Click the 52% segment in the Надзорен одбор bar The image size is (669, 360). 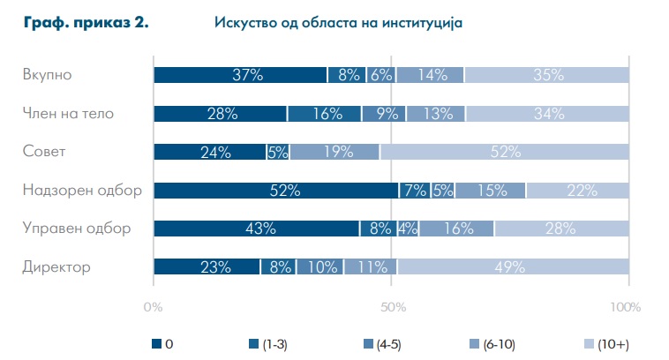(x=276, y=191)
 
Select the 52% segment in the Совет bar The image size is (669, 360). (x=504, y=152)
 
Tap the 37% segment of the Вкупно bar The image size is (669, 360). (x=240, y=75)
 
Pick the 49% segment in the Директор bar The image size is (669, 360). (x=513, y=267)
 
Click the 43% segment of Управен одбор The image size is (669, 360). (x=256, y=229)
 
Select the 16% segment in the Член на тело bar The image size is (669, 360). (x=324, y=113)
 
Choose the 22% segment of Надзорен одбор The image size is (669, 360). (x=577, y=191)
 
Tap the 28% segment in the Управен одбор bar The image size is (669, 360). (x=561, y=229)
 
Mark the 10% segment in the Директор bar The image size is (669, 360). (x=319, y=267)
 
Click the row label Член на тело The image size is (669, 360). (x=68, y=112)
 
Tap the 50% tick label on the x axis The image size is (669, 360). (x=392, y=307)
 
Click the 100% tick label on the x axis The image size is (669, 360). (x=625, y=307)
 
